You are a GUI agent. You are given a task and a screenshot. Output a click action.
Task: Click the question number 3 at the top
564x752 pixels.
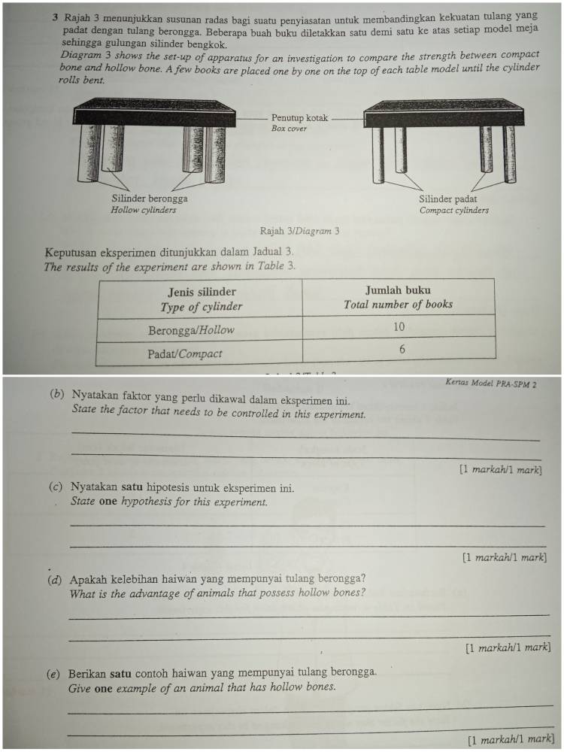(57, 16)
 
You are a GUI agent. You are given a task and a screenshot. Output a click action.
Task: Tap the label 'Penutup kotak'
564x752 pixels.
(299, 118)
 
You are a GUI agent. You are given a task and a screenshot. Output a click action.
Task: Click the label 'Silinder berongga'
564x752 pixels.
(150, 199)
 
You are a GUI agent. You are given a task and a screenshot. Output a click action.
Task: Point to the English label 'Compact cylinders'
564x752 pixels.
(453, 211)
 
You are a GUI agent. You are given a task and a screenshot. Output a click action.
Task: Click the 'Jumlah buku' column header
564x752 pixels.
(398, 290)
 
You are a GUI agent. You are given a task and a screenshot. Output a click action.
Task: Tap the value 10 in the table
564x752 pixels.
(399, 326)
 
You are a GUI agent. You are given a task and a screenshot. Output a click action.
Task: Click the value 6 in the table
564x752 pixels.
(402, 349)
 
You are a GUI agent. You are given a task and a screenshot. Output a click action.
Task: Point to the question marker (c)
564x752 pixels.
(55, 487)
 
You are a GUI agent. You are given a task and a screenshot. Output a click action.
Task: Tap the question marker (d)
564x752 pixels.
(54, 580)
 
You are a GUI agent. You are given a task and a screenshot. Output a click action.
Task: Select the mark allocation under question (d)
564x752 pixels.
(508, 647)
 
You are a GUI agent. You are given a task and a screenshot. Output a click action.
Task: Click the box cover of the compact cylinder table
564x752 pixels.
(444, 117)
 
